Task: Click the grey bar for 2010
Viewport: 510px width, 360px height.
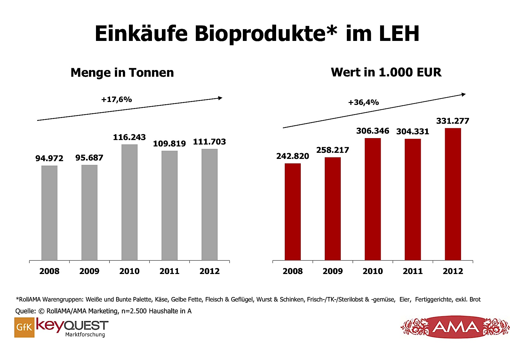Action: pyautogui.click(x=129, y=202)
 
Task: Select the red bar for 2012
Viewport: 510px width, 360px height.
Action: pyautogui.click(x=453, y=194)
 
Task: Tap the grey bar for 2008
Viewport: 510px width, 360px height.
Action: pyautogui.click(x=49, y=213)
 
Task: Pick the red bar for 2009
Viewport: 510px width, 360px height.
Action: pyautogui.click(x=332, y=208)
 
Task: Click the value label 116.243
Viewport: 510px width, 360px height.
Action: pyautogui.click(x=129, y=137)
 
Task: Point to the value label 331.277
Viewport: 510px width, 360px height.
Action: pyautogui.click(x=452, y=121)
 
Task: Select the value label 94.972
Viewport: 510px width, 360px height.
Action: pyautogui.click(x=49, y=158)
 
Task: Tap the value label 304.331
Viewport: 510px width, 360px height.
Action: pyautogui.click(x=412, y=131)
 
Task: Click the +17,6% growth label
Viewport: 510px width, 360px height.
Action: pyautogui.click(x=116, y=99)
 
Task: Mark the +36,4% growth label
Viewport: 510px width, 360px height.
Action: pyautogui.click(x=363, y=102)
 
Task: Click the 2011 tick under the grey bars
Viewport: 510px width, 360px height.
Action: pyautogui.click(x=169, y=271)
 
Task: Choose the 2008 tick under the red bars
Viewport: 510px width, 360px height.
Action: pyautogui.click(x=292, y=271)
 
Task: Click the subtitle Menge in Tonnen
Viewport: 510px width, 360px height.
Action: pyautogui.click(x=122, y=73)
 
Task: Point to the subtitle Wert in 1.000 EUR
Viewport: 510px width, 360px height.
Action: pyautogui.click(x=386, y=72)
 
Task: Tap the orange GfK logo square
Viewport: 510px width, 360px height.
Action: pyautogui.click(x=24, y=327)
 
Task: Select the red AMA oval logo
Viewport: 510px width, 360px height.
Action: pyautogui.click(x=455, y=327)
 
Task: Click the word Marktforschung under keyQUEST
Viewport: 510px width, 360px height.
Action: pyautogui.click(x=85, y=334)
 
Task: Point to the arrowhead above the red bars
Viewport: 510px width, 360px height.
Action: pyautogui.click(x=464, y=94)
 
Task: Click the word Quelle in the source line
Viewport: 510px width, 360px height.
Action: pyautogui.click(x=25, y=311)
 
